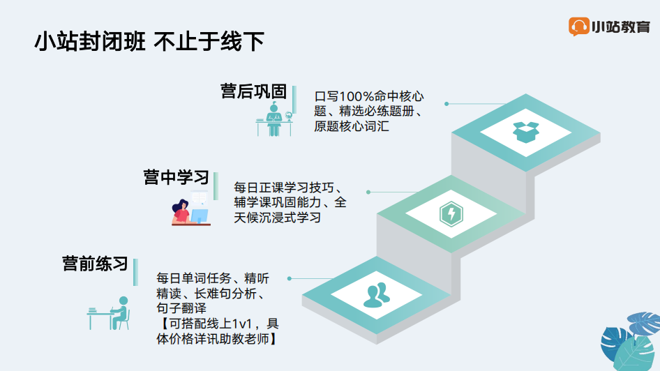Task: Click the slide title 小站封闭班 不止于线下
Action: (x=149, y=41)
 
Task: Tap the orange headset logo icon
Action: (x=578, y=26)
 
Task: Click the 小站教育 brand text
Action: (x=621, y=27)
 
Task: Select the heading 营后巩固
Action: (x=254, y=91)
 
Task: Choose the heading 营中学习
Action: (x=177, y=177)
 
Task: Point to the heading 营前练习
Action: (x=95, y=264)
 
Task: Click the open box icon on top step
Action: (x=526, y=132)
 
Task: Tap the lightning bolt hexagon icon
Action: (x=451, y=213)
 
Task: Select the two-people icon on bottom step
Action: (x=376, y=295)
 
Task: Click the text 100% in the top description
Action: (x=356, y=96)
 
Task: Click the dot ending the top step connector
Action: (x=447, y=103)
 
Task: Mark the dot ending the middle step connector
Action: (x=368, y=192)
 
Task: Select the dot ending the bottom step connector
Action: (x=289, y=278)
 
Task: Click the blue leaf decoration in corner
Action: (x=631, y=341)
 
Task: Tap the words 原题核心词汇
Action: (x=352, y=126)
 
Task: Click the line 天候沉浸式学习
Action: (x=278, y=218)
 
